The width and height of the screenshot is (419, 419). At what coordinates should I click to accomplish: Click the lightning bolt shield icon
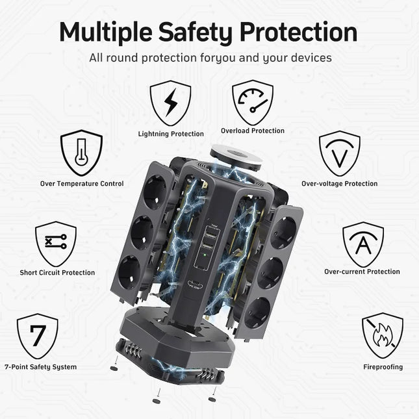[x=170, y=103]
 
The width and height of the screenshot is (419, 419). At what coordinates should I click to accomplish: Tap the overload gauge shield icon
[x=252, y=102]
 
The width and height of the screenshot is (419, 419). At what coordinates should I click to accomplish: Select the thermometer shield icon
[x=81, y=153]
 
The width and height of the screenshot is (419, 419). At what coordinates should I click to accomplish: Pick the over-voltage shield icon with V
[x=339, y=153]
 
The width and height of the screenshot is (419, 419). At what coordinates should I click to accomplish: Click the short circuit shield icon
[x=56, y=244]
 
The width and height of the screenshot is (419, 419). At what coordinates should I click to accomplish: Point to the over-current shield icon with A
[x=362, y=244]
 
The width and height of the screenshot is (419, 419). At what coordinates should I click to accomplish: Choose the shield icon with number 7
[x=38, y=336]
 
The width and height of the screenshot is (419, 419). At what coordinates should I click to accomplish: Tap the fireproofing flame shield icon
[x=382, y=336]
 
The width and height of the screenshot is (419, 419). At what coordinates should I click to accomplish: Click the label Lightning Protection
[x=171, y=134]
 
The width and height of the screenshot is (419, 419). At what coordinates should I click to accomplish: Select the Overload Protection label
[x=253, y=131]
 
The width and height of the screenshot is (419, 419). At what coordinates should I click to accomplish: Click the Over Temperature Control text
[x=82, y=184]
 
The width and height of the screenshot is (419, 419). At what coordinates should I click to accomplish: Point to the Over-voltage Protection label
[x=339, y=184]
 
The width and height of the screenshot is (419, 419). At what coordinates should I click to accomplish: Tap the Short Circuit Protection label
[x=57, y=273]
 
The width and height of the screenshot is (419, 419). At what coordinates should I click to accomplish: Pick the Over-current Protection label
[x=362, y=272]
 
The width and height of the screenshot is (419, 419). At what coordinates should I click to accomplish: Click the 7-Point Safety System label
[x=40, y=367]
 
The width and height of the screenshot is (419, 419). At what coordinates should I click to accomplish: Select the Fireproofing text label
[x=383, y=367]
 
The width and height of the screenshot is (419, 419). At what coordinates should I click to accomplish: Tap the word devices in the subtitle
[x=308, y=58]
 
